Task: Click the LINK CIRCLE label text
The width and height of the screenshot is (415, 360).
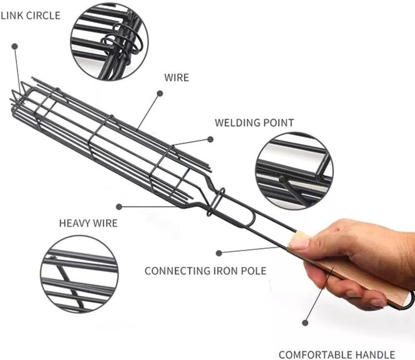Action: pyautogui.click(x=31, y=16)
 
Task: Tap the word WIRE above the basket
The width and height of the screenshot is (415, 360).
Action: pyautogui.click(x=176, y=78)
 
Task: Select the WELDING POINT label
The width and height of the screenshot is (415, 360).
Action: pyautogui.click(x=254, y=123)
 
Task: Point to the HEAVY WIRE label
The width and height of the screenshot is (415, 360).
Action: pyautogui.click(x=88, y=223)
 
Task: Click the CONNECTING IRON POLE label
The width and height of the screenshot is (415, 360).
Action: pyautogui.click(x=205, y=271)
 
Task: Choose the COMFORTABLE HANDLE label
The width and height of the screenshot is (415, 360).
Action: pyautogui.click(x=337, y=354)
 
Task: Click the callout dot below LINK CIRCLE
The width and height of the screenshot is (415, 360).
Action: pyautogui.click(x=15, y=47)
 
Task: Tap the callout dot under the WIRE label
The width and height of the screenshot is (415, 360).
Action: pyautogui.click(x=160, y=93)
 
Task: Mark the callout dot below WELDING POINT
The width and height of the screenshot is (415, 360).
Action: pyautogui.click(x=210, y=139)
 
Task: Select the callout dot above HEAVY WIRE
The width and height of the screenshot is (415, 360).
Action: pyautogui.click(x=119, y=207)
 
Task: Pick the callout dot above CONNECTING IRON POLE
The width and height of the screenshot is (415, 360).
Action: pyautogui.click(x=219, y=253)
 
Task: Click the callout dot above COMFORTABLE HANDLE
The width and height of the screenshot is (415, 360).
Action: pyautogui.click(x=305, y=323)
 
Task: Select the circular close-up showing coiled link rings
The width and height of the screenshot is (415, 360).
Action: pyautogui.click(x=109, y=41)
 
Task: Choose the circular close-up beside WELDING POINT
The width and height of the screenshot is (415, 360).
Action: pyautogui.click(x=294, y=171)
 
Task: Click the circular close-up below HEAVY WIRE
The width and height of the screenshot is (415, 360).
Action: pyautogui.click(x=79, y=274)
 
